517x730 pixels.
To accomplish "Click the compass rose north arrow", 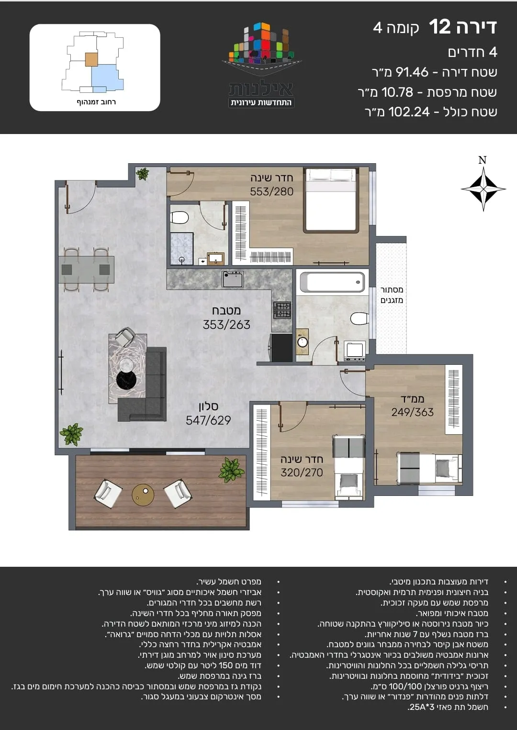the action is click(x=483, y=189).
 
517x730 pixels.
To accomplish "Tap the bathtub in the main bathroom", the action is click(x=333, y=282).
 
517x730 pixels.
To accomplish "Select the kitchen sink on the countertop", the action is click(x=233, y=279).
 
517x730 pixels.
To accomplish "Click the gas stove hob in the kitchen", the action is click(x=282, y=310).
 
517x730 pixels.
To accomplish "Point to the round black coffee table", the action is click(x=126, y=380).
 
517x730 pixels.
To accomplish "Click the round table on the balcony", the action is click(x=143, y=495).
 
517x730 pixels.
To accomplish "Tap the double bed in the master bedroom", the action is click(x=331, y=200).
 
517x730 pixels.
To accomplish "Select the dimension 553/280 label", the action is click(x=271, y=191).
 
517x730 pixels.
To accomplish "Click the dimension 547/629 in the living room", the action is click(x=208, y=420).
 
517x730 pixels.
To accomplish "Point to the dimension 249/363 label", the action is click(x=412, y=412).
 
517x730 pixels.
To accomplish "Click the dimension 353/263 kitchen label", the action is click(x=226, y=325).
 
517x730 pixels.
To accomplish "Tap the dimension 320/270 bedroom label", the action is click(x=302, y=472).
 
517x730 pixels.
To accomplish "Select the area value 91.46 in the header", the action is click(x=412, y=72).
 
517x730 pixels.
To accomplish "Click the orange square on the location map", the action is click(x=91, y=60).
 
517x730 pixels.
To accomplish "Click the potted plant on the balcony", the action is click(x=231, y=469).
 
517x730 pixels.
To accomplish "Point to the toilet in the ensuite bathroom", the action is click(x=180, y=217).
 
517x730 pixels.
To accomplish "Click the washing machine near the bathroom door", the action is click(x=355, y=351).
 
